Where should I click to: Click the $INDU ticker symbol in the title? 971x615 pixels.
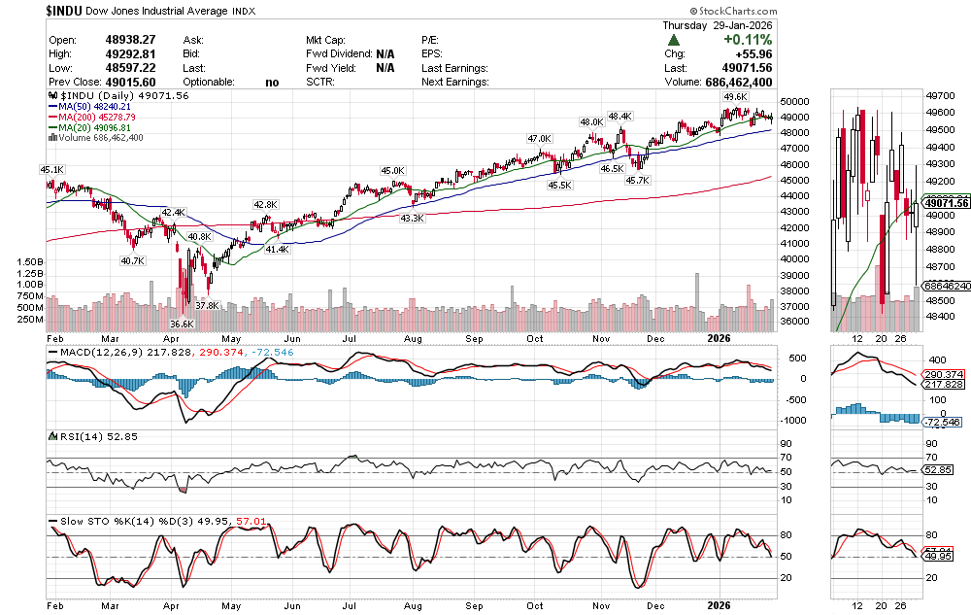pyautogui.click(x=65, y=11)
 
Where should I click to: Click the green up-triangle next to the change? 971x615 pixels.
pyautogui.click(x=674, y=40)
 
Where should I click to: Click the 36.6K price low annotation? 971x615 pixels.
pyautogui.click(x=182, y=324)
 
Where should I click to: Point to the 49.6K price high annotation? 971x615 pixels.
pyautogui.click(x=735, y=97)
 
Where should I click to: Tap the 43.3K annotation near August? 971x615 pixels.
pyautogui.click(x=412, y=219)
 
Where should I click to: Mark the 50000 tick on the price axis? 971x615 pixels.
pyautogui.click(x=797, y=101)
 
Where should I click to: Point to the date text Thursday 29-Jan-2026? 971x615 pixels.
pyautogui.click(x=717, y=25)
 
